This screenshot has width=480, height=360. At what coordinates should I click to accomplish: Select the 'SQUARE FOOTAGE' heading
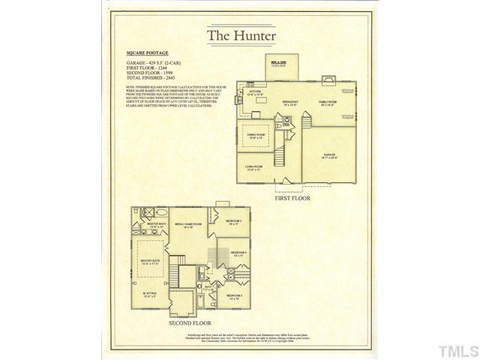point(148,54)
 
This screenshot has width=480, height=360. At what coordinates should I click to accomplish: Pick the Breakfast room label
point(292,103)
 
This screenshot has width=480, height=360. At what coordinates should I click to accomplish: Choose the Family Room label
point(328,103)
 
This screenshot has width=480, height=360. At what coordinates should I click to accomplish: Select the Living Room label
point(253,168)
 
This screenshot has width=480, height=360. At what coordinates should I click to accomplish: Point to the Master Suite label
point(151,262)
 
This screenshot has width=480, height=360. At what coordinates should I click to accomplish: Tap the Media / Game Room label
point(185,225)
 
